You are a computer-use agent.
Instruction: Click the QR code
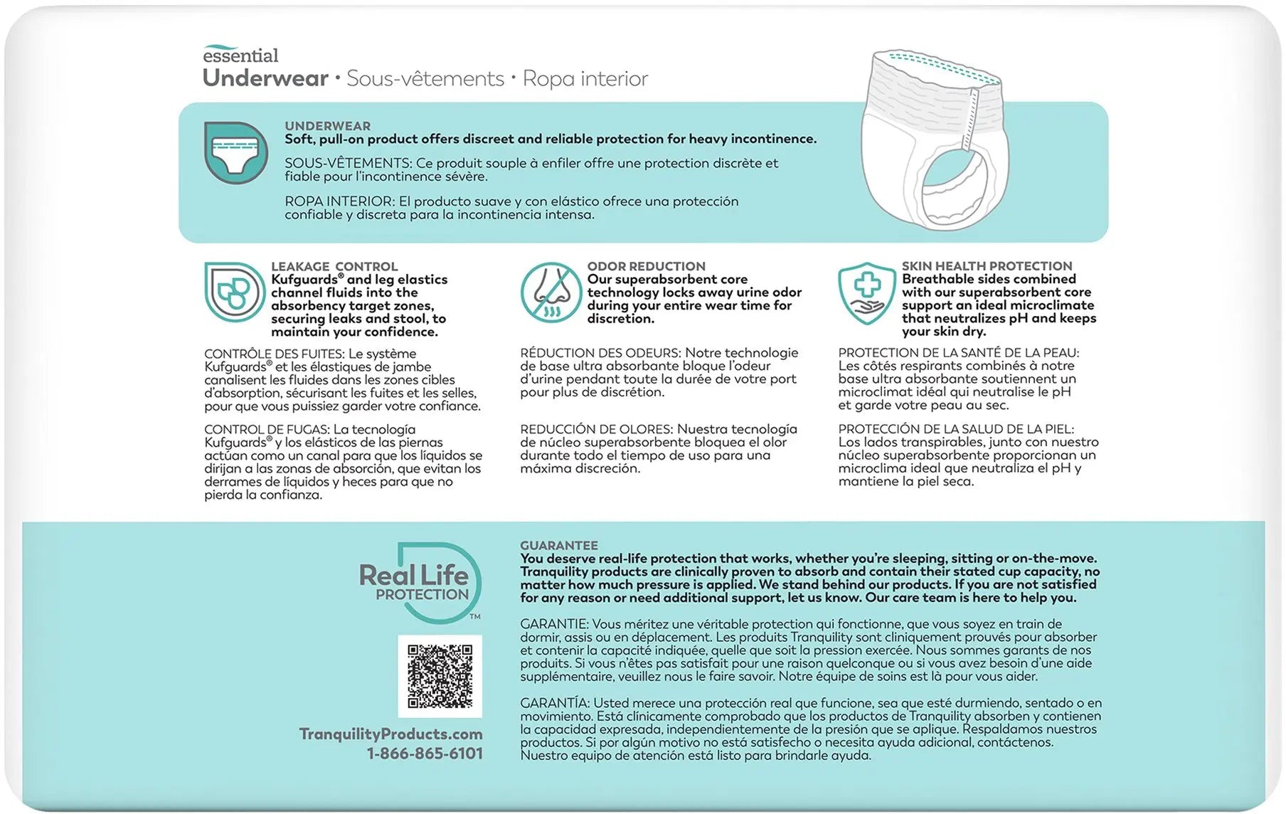tap(440, 676)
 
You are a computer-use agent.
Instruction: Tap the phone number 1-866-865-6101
tap(425, 754)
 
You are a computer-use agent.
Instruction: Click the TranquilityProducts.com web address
tap(390, 734)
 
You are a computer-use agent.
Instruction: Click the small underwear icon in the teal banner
tap(235, 152)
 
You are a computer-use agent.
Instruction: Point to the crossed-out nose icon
tap(551, 292)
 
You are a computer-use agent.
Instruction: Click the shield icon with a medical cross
tap(866, 292)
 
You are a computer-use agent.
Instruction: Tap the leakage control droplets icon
tap(234, 292)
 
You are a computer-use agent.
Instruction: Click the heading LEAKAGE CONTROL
tap(334, 266)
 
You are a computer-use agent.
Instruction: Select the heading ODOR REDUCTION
tap(646, 266)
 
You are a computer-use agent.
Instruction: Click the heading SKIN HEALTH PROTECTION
tap(987, 265)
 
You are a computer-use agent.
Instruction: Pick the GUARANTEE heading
tap(558, 545)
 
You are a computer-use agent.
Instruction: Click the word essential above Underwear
tap(240, 55)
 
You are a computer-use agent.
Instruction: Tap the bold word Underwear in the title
tap(265, 78)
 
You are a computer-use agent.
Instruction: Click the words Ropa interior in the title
tap(585, 78)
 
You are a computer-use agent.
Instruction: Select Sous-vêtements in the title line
tap(425, 78)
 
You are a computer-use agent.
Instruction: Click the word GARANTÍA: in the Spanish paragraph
tap(555, 702)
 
